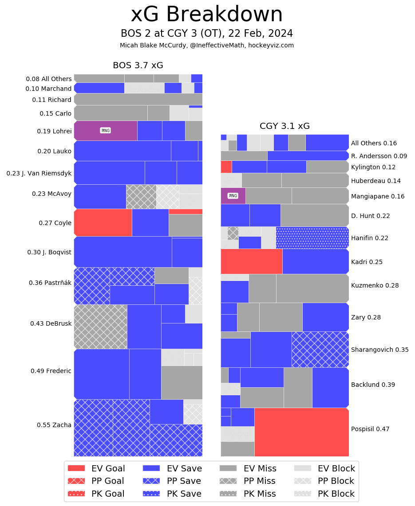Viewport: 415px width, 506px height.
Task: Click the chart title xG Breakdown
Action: point(206,15)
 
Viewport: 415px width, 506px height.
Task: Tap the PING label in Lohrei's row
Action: point(105,131)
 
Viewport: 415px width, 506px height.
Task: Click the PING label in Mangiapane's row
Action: point(233,196)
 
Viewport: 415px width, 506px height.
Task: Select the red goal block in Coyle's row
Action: point(103,222)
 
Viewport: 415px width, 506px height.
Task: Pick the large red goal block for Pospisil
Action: point(301,432)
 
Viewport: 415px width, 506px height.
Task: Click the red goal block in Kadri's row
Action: point(251,261)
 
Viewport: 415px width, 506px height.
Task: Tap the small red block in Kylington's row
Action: point(226,167)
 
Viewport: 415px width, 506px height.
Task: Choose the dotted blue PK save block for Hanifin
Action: point(312,237)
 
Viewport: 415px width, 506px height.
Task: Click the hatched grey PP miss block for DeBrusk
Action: point(100,327)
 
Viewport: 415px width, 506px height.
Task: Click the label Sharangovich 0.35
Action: point(379,350)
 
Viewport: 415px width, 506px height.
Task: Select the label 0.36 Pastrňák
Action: point(50,283)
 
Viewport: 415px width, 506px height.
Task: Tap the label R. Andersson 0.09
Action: point(379,156)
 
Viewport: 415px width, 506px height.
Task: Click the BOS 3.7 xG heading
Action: point(138,66)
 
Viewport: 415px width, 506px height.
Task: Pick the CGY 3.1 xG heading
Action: point(285,126)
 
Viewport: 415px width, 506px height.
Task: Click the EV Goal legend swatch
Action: point(76,468)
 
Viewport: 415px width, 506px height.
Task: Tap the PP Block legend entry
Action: point(324,481)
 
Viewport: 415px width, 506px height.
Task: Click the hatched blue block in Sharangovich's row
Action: point(320,350)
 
